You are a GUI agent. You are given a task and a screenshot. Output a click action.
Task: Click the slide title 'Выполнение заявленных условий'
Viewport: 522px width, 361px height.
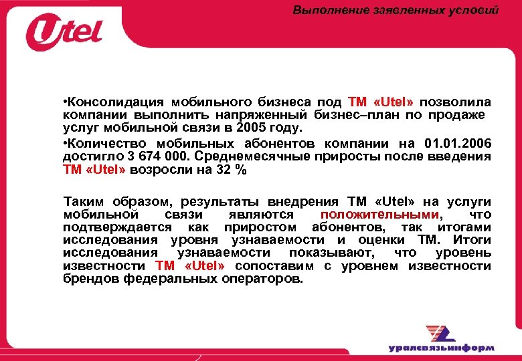[396, 10]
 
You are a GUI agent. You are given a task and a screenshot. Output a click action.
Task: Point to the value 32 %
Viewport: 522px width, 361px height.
[232, 170]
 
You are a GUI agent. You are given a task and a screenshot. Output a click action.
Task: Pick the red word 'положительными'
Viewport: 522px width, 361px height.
[380, 215]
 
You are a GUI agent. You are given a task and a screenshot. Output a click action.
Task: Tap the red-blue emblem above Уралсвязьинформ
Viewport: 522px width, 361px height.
[441, 332]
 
